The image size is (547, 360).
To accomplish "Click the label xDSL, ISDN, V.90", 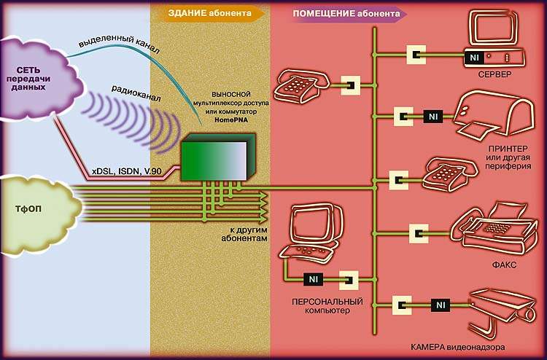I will (127, 172).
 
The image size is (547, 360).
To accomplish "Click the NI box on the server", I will (475, 55).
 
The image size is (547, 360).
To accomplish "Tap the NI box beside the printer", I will (433, 116).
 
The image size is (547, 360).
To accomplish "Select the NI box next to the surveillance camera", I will (440, 304).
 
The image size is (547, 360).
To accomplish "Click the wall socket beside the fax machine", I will (419, 235).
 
